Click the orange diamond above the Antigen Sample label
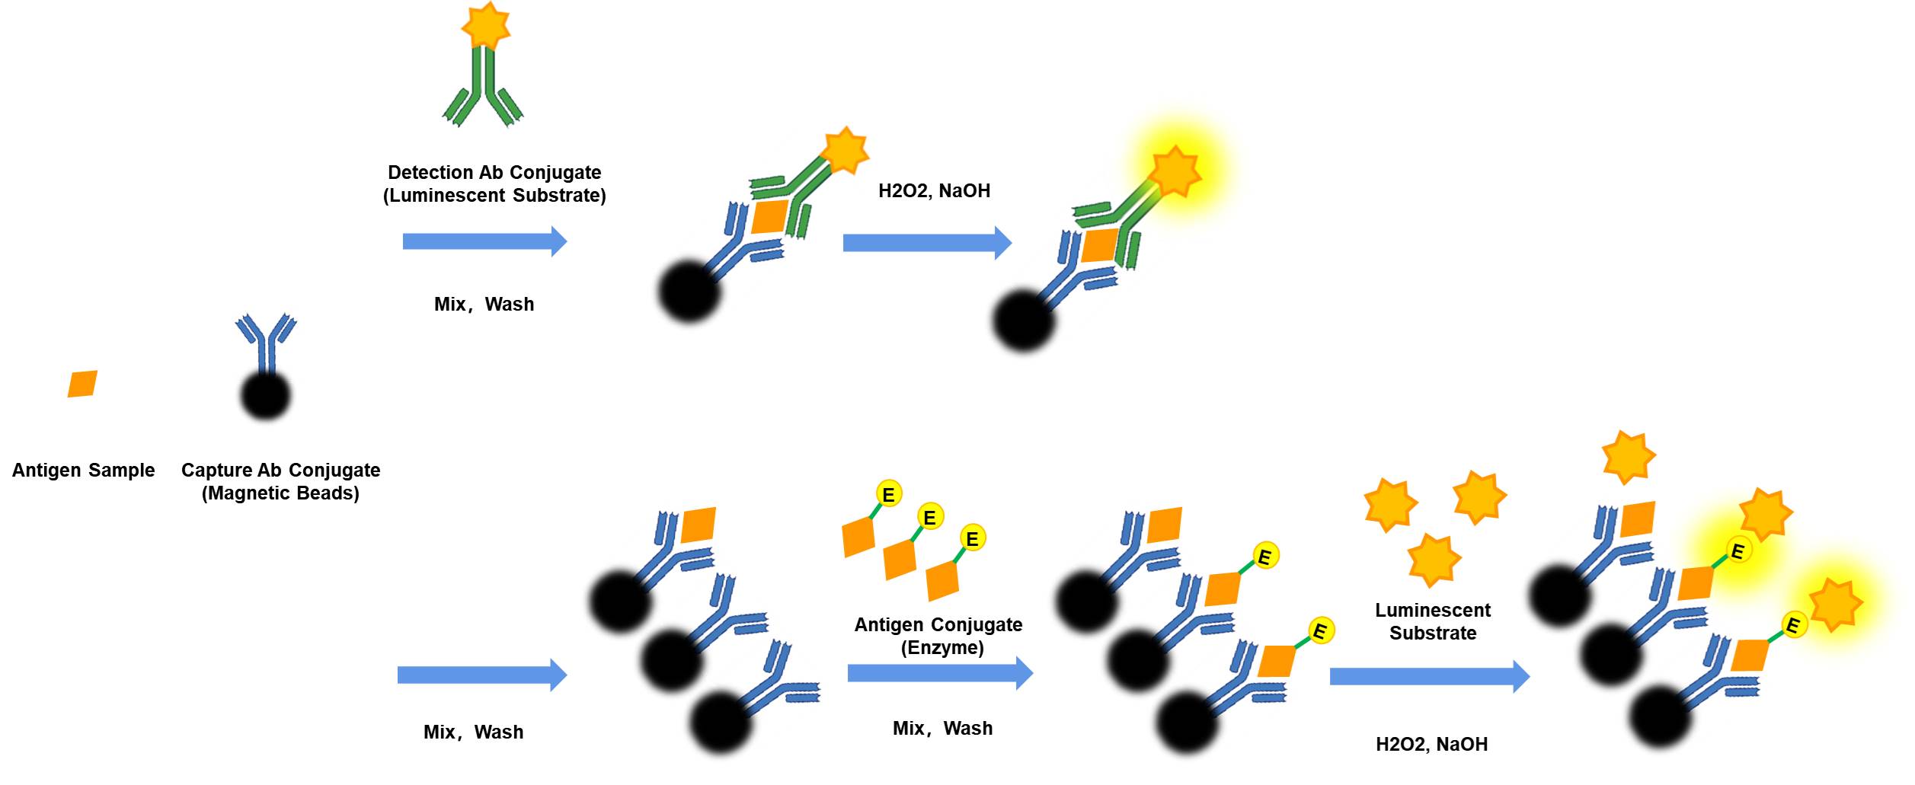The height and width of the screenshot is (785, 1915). tap(82, 384)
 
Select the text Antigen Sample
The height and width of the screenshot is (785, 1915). tap(83, 470)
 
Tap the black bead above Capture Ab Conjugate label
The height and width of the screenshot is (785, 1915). tap(266, 396)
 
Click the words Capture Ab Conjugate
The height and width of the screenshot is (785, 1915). tap(280, 470)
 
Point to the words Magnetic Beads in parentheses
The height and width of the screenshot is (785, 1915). tap(280, 493)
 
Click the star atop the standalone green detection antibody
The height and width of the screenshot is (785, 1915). tap(486, 25)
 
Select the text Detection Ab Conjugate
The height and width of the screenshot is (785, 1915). tap(494, 172)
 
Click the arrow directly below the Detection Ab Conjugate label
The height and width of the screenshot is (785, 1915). tap(484, 241)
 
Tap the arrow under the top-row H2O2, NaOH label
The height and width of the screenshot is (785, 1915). tap(927, 243)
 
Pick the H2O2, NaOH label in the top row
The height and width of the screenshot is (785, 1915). tap(934, 190)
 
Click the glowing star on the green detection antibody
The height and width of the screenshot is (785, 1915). tap(1175, 171)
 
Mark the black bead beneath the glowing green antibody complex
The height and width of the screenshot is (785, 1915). tap(1024, 320)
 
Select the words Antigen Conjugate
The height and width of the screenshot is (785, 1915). tap(938, 624)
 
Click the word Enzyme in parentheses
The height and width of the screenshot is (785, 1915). tap(942, 648)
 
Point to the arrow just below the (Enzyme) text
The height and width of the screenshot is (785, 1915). tap(940, 673)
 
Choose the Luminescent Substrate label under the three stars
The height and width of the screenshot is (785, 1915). tap(1432, 621)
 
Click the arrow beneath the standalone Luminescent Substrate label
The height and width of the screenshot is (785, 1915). tap(1429, 677)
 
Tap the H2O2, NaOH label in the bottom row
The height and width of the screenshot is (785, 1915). tap(1431, 744)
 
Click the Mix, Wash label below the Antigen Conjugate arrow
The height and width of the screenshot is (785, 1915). tap(942, 729)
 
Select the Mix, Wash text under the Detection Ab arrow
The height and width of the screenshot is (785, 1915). tap(484, 305)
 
